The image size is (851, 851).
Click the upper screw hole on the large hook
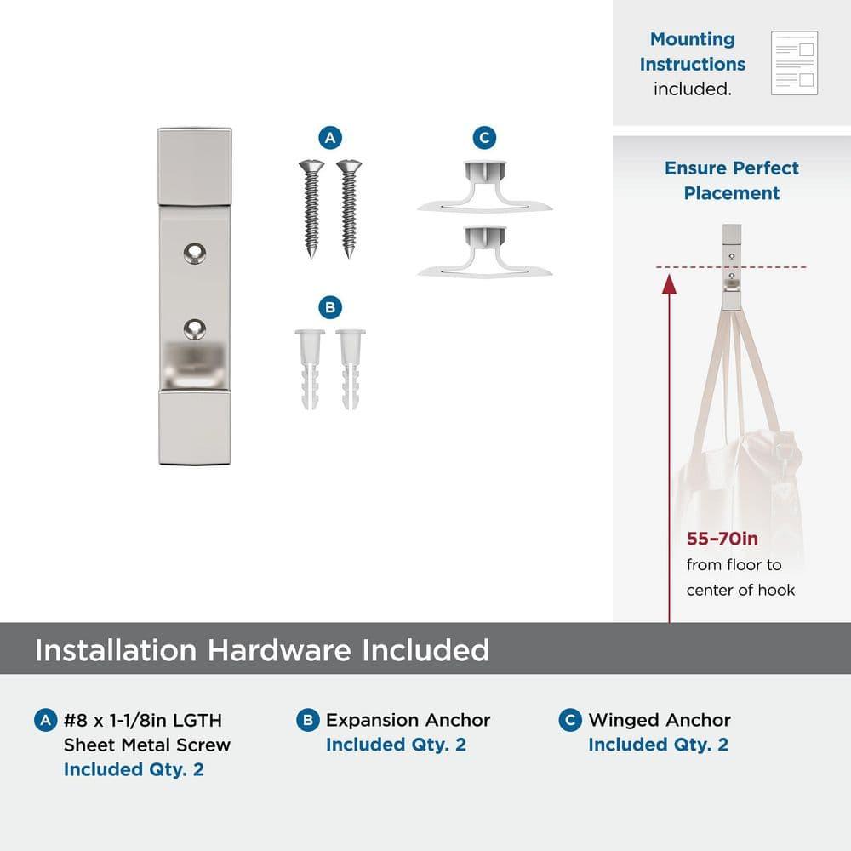click(194, 254)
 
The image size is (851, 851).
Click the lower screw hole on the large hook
click(194, 328)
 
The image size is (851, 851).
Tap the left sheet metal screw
click(311, 208)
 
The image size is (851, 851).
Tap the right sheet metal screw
click(349, 208)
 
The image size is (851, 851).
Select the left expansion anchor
click(310, 369)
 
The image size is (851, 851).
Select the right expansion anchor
click(351, 369)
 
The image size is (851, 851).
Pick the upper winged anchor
click(485, 185)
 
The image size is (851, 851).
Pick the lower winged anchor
click(485, 252)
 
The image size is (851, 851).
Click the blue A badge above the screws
click(330, 138)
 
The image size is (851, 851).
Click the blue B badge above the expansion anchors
click(330, 308)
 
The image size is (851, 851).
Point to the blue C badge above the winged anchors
click(485, 138)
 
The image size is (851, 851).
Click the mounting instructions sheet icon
click(794, 63)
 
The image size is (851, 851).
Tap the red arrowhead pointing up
click(669, 284)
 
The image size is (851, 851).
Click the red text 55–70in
click(722, 539)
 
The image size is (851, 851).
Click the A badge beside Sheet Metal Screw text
click(46, 720)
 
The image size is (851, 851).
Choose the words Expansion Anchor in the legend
click(408, 720)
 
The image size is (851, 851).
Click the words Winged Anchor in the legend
click(660, 720)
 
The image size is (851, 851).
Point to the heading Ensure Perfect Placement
click(732, 180)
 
